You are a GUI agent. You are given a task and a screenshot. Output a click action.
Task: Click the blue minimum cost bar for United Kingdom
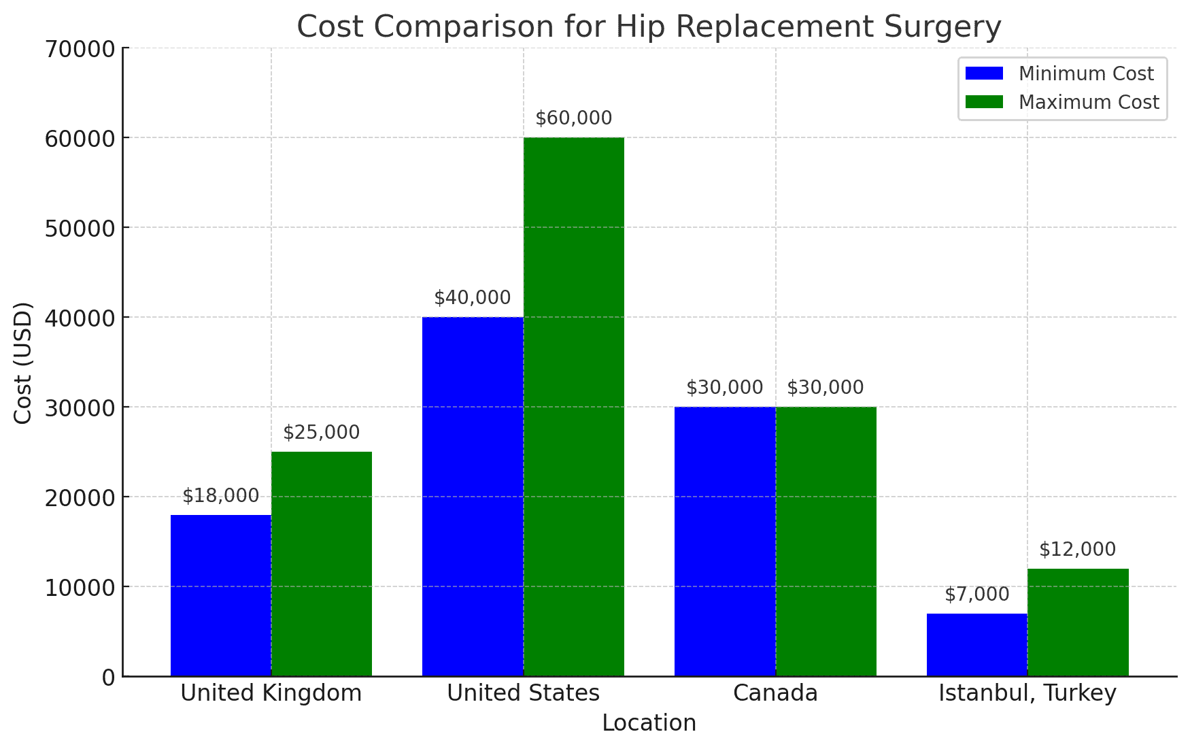tap(221, 595)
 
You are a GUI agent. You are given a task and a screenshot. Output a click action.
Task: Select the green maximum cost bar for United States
tap(573, 407)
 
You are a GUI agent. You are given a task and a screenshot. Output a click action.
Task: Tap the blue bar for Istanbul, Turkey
tap(976, 644)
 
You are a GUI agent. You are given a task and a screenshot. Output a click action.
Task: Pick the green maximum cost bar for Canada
tap(826, 541)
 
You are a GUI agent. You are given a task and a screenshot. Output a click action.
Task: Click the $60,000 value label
tap(573, 118)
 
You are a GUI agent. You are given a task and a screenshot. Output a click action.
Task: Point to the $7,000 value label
tap(976, 595)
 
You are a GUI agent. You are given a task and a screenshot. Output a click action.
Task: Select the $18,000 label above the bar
tap(221, 496)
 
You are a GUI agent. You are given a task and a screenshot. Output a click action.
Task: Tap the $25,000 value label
tap(321, 433)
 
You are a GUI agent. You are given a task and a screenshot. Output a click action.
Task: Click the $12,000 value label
tap(1077, 550)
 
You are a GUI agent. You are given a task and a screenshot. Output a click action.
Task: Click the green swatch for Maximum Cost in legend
tap(984, 102)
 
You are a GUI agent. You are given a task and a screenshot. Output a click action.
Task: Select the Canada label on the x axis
tap(775, 693)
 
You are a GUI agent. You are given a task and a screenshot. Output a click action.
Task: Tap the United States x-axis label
tap(523, 693)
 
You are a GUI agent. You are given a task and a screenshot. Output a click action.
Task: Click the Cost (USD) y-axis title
tap(23, 363)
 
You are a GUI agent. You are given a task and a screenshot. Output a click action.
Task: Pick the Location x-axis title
tap(649, 723)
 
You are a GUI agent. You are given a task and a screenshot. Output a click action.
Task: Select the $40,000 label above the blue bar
tap(472, 298)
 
